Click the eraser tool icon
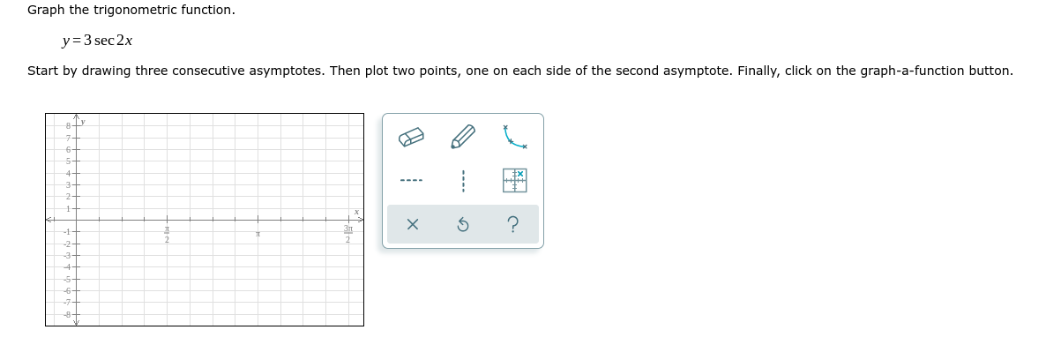pyautogui.click(x=412, y=139)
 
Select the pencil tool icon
pyautogui.click(x=463, y=139)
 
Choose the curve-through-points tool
pyautogui.click(x=514, y=139)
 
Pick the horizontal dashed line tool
pyautogui.click(x=412, y=181)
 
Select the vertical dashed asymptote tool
pyautogui.click(x=463, y=181)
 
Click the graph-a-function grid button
pyautogui.click(x=514, y=181)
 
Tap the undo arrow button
pyautogui.click(x=463, y=225)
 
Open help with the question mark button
pyautogui.click(x=514, y=225)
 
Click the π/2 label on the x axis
pyautogui.click(x=166, y=235)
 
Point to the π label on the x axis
pyautogui.click(x=258, y=234)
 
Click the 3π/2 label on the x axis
pyautogui.click(x=348, y=235)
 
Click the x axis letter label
pyautogui.click(x=355, y=212)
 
